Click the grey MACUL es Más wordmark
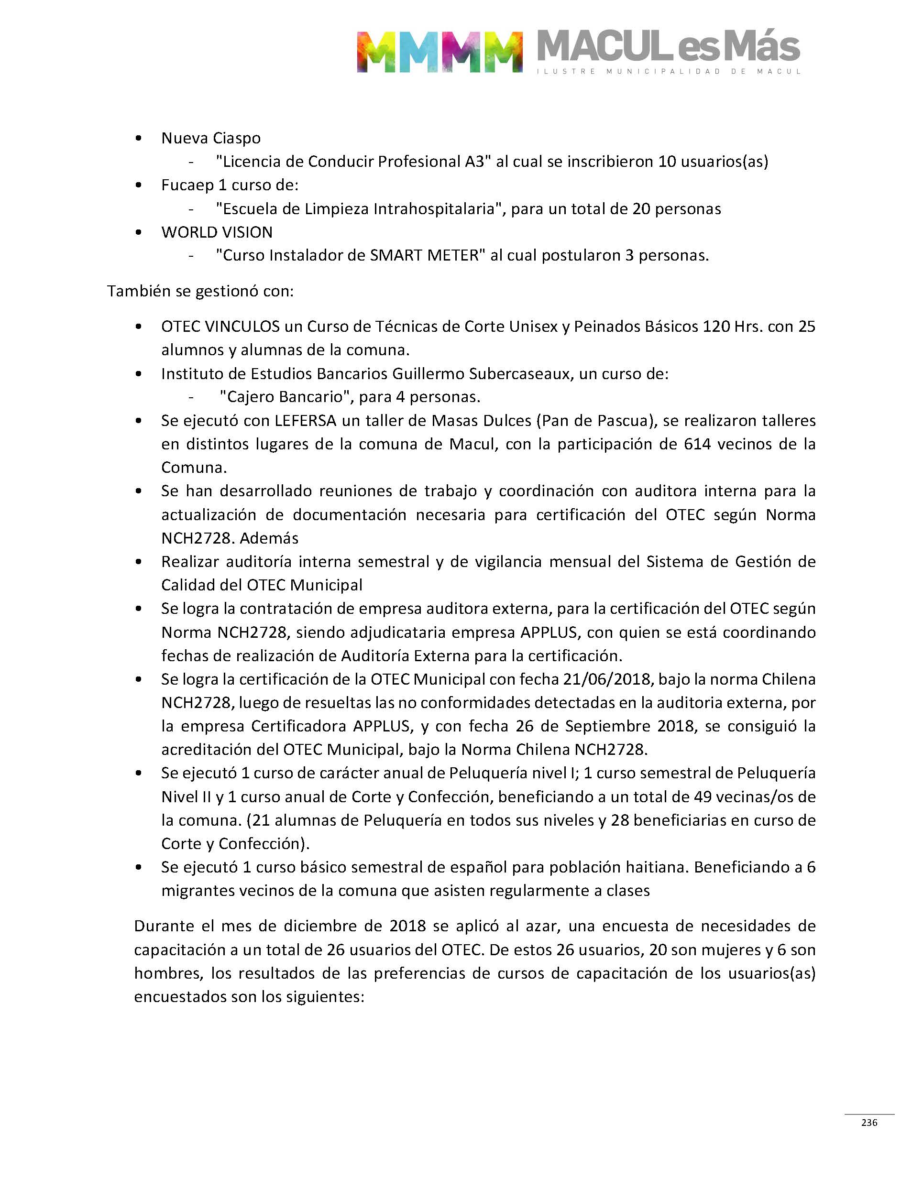pyautogui.click(x=669, y=46)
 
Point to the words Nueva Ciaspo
pyautogui.click(x=211, y=138)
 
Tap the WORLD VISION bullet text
pyautogui.click(x=217, y=232)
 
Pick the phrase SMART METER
pyautogui.click(x=424, y=255)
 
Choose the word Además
pyautogui.click(x=269, y=538)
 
